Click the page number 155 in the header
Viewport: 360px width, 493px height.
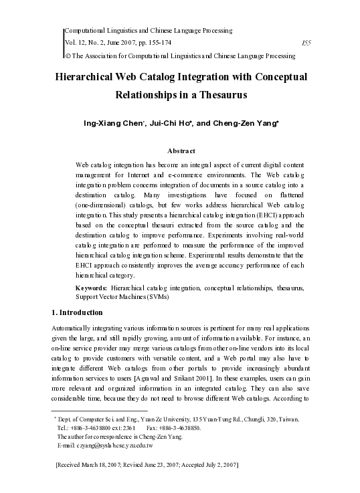[x=306, y=41]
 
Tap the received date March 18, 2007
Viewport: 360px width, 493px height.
[x=115, y=464]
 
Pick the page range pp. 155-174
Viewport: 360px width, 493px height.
[x=141, y=41]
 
